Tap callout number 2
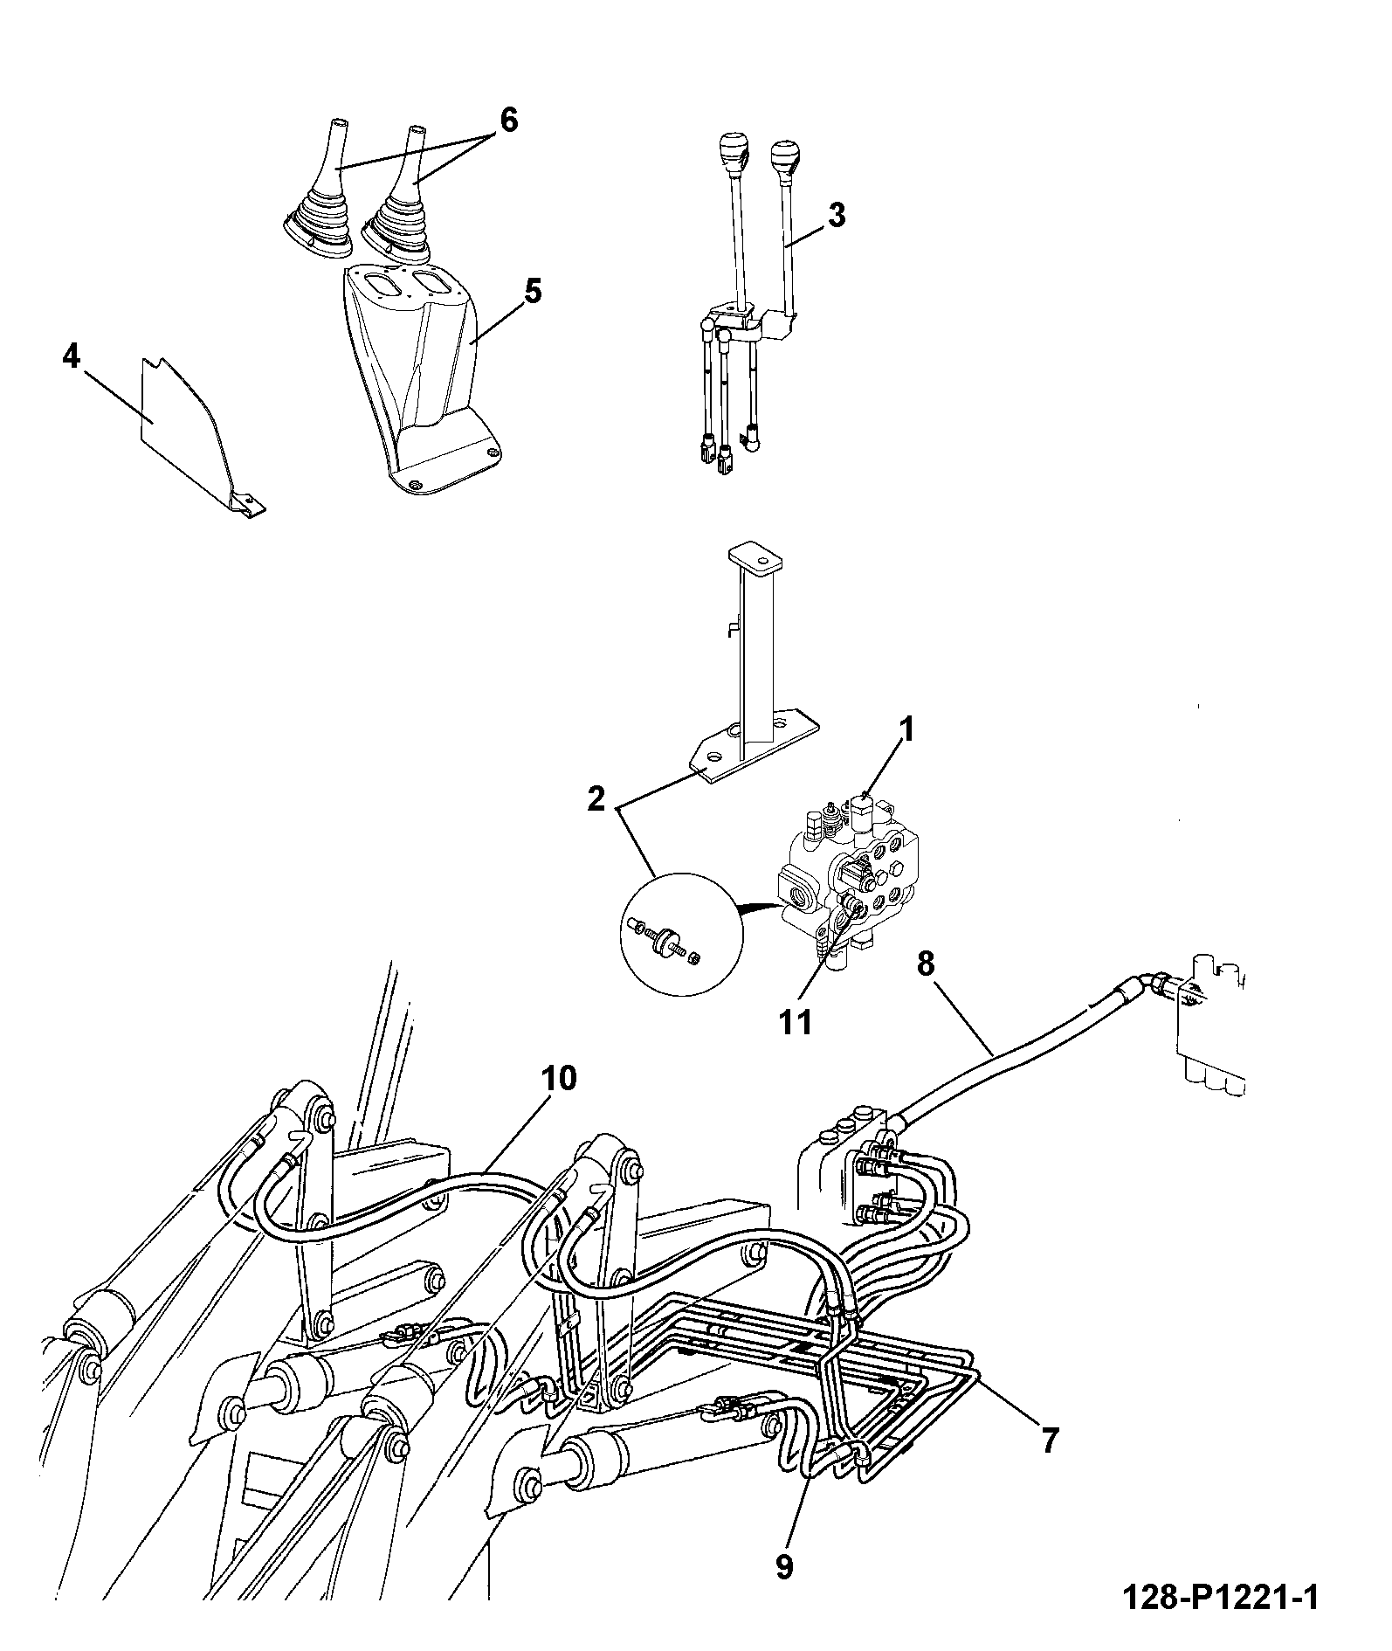point(596,798)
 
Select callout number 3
point(837,215)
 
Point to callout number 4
point(72,356)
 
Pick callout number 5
point(533,291)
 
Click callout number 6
point(507,119)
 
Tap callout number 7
point(1049,1438)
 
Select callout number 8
point(926,964)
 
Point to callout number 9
point(784,1567)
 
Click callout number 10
point(558,1079)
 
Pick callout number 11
point(795,1021)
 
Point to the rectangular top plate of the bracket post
point(754,555)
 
